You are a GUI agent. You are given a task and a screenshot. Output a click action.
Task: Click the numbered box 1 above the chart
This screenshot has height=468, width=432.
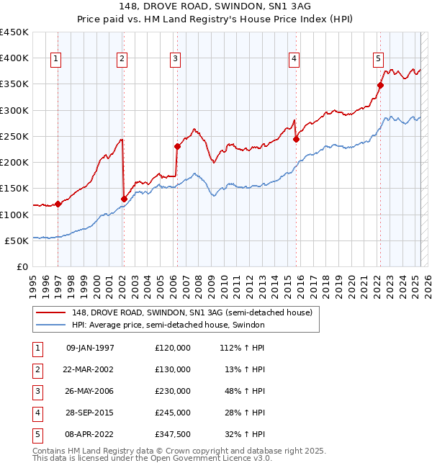tap(56, 59)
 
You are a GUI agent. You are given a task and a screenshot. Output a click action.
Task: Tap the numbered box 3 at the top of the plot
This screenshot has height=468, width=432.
tap(176, 59)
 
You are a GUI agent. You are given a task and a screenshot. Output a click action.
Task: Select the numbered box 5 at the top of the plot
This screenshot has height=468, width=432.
tap(379, 59)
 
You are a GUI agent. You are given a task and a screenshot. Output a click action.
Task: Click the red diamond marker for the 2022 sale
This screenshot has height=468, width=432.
tap(380, 86)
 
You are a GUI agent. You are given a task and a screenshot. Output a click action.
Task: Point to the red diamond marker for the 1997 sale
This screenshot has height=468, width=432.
tap(58, 204)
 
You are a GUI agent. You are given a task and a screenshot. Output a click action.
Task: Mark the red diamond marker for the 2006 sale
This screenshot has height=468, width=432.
tap(177, 146)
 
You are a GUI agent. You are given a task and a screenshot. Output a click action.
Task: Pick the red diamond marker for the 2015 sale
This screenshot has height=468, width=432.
tap(296, 139)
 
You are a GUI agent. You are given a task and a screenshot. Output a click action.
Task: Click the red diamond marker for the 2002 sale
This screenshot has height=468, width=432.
tap(124, 199)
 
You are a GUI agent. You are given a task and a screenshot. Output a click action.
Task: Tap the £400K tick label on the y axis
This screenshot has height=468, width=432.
tap(15, 58)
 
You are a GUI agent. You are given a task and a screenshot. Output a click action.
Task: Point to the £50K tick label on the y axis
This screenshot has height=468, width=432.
tap(18, 240)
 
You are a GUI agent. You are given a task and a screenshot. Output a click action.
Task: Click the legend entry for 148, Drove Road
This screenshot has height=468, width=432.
tap(192, 312)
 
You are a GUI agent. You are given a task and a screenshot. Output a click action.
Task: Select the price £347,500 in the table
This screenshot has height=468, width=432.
tap(172, 434)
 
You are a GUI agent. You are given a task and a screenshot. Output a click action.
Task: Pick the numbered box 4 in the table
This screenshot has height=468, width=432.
tap(37, 413)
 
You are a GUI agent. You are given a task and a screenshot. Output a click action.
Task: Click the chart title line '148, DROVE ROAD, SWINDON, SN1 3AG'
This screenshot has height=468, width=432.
tap(216, 8)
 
